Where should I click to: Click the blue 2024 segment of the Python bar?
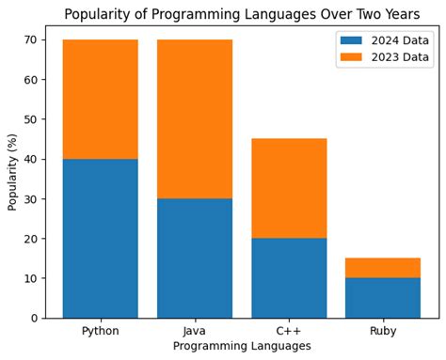100,238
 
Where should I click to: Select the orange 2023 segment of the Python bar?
100,99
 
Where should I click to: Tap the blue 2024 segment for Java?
194,258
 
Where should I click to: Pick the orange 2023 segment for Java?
194,118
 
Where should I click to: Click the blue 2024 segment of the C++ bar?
289,277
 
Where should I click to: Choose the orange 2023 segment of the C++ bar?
289,188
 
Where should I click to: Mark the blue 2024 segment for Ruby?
383,297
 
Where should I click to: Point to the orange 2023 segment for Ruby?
383,268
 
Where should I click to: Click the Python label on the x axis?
100,331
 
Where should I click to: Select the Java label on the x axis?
194,331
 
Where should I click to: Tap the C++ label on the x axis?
289,331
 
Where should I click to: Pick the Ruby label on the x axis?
383,331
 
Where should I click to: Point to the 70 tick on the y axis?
30,40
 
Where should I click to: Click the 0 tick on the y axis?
34,318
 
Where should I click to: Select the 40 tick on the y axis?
30,159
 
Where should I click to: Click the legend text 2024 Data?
401,39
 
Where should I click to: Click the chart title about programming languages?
242,14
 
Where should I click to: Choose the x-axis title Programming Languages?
242,347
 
